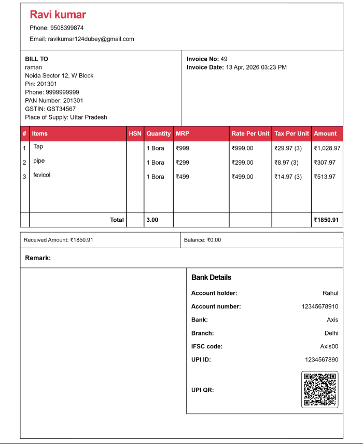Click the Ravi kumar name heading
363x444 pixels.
58,15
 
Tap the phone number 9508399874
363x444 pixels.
66,28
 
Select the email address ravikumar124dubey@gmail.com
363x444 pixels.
91,39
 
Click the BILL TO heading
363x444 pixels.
36,59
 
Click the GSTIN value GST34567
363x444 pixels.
61,109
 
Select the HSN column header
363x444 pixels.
135,133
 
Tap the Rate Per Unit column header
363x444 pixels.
250,133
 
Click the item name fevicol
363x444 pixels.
42,175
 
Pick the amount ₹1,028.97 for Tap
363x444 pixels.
327,148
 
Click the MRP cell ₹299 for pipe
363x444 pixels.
183,163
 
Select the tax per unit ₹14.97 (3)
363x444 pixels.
288,177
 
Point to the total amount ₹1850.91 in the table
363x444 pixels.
326,220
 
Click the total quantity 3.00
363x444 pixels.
152,220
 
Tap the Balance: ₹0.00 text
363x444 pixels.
202,240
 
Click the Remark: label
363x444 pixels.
38,258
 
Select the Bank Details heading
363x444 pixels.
211,277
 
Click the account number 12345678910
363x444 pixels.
319,306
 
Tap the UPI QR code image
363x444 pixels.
319,389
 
